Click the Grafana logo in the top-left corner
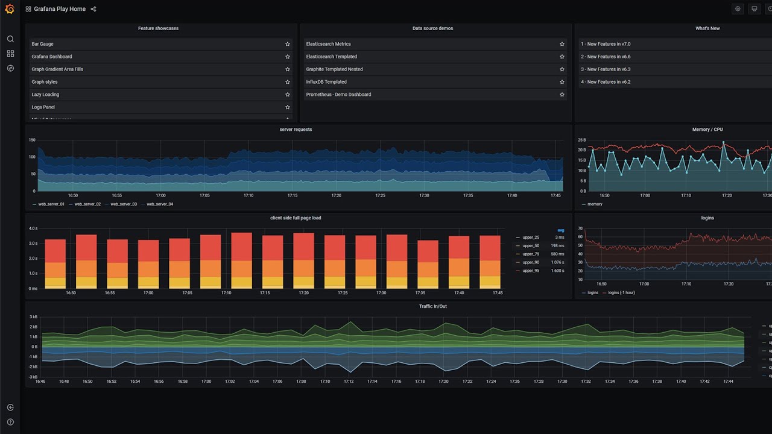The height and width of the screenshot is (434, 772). [x=10, y=9]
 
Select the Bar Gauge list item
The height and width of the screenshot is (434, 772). [x=42, y=44]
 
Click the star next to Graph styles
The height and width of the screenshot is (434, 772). [x=288, y=82]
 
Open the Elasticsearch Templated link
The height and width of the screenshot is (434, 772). [x=331, y=57]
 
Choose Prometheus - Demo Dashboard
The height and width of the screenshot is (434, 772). [x=338, y=95]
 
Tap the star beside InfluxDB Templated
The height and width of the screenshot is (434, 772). [x=562, y=82]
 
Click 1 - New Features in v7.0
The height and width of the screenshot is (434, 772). [x=606, y=44]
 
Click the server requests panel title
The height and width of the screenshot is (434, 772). [x=296, y=130]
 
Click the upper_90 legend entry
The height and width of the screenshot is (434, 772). [x=531, y=262]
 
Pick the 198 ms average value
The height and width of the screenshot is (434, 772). [x=557, y=246]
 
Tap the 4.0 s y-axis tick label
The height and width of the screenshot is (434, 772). [x=33, y=228]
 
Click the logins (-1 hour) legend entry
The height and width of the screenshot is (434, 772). [x=621, y=293]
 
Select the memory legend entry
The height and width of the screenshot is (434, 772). [x=595, y=204]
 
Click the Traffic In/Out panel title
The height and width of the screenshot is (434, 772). [x=433, y=306]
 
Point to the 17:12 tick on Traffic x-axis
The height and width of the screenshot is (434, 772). [x=349, y=382]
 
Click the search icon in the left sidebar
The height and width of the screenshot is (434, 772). [x=10, y=39]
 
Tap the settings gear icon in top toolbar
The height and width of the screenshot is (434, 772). [x=738, y=9]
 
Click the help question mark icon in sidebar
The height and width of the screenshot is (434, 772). [x=10, y=422]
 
